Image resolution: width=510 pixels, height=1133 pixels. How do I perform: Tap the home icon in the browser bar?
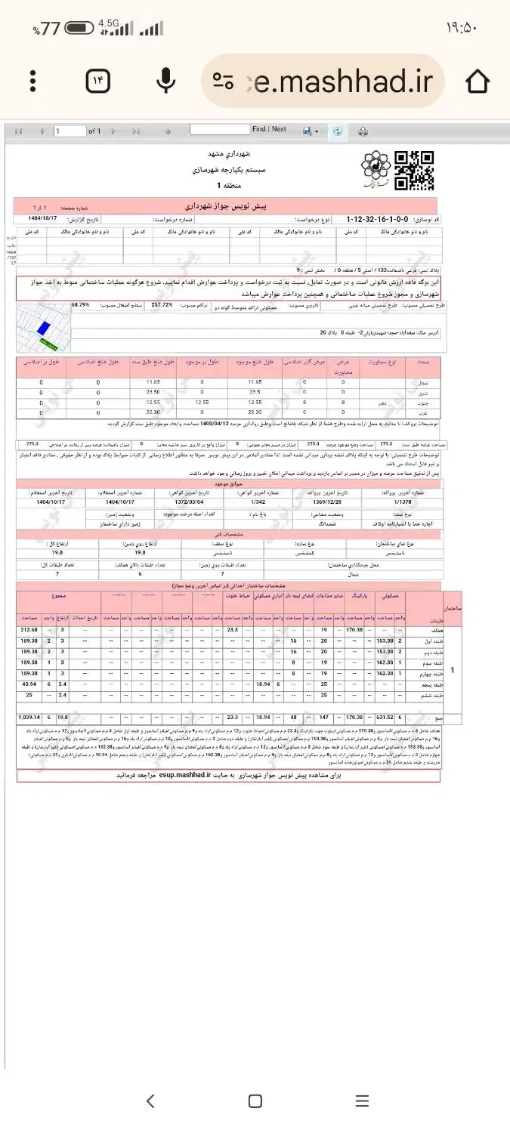[x=478, y=81]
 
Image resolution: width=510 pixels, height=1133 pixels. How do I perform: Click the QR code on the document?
[x=415, y=171]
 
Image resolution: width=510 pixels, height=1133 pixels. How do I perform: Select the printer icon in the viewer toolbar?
[x=363, y=131]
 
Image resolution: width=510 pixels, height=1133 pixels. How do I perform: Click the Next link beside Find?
[x=279, y=129]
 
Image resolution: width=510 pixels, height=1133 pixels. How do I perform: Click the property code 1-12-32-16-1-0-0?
[x=386, y=219]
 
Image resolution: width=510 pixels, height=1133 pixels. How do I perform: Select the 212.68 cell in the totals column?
[x=29, y=630]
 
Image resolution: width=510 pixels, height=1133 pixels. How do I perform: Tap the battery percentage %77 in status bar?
[x=46, y=29]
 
